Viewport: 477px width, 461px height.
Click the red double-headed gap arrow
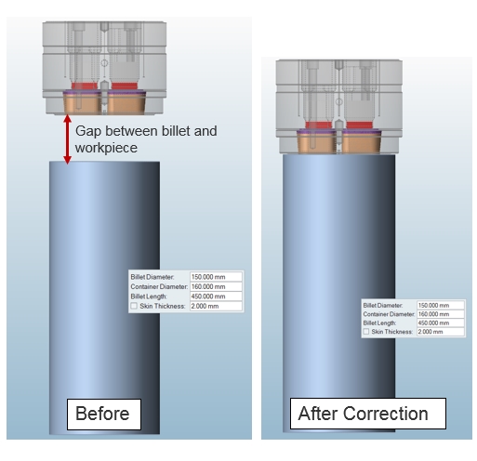(67, 139)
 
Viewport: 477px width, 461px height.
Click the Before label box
(104, 415)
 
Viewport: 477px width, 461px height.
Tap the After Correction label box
(368, 414)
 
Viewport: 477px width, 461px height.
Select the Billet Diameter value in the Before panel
(216, 277)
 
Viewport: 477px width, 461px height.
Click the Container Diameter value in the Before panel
(216, 286)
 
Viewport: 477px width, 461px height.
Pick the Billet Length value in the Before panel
(216, 296)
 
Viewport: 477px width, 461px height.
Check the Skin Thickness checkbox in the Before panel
(134, 306)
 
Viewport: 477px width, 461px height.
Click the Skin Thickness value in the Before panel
(216, 306)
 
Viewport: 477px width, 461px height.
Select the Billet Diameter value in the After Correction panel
(441, 305)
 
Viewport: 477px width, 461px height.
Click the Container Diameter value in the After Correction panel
(441, 314)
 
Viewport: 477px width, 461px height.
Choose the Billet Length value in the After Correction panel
(441, 323)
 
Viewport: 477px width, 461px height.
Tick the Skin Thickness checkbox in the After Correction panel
(366, 332)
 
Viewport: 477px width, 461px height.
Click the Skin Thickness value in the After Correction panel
(441, 332)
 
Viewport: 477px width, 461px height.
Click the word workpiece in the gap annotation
(106, 148)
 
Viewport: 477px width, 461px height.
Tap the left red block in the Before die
(85, 86)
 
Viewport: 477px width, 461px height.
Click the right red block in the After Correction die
(359, 125)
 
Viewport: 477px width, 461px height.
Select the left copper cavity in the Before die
(83, 103)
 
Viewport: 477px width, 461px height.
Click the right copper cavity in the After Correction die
(362, 142)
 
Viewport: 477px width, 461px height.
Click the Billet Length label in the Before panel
(149, 296)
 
